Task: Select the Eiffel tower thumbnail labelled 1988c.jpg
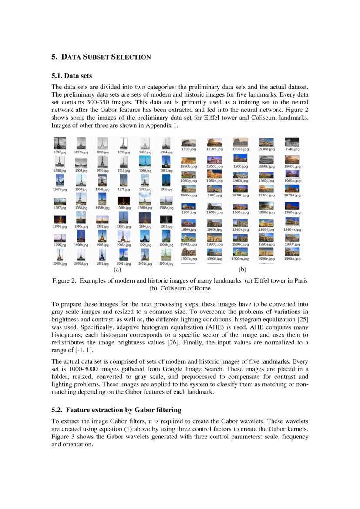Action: pos(124,201)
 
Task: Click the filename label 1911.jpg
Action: pos(124,171)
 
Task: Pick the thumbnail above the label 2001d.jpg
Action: pos(166,255)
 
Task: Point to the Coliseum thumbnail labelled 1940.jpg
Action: pos(292,142)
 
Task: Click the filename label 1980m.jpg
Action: pos(292,229)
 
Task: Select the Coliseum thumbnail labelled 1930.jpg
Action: pos(188,143)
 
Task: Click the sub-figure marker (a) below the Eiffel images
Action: pos(117,270)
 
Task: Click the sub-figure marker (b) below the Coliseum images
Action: pos(242,270)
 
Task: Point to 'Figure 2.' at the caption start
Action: pos(64,281)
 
